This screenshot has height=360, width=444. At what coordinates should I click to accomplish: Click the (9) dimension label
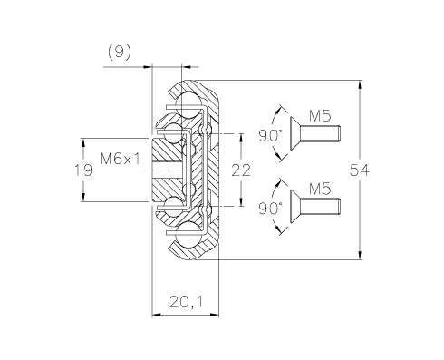click(x=120, y=52)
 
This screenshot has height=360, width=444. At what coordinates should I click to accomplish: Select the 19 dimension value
click(x=83, y=170)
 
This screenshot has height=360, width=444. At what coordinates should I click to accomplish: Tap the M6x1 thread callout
click(x=121, y=159)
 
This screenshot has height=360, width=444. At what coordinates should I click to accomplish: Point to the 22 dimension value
click(x=241, y=170)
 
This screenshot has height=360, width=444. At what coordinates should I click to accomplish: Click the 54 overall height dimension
click(x=360, y=170)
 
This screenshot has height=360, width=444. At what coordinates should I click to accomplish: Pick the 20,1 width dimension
click(x=187, y=302)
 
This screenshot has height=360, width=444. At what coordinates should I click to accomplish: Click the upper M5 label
click(x=320, y=116)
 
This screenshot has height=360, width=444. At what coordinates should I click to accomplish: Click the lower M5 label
click(x=320, y=189)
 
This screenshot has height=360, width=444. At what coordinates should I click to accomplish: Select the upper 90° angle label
click(x=271, y=135)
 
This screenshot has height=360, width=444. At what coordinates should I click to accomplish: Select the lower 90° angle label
click(x=271, y=209)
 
